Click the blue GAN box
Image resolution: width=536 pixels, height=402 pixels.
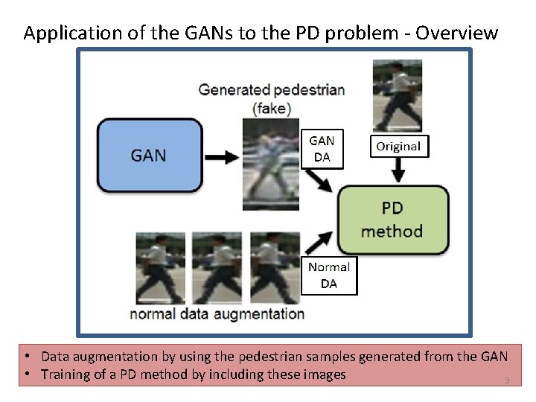[150, 156]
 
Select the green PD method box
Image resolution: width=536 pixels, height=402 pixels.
[392, 220]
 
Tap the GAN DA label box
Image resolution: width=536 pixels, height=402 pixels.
[322, 148]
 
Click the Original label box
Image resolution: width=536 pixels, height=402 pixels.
[398, 146]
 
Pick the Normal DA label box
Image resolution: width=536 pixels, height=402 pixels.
[328, 275]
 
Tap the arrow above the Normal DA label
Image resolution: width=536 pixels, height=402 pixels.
[319, 242]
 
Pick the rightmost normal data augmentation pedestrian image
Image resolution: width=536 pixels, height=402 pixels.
[274, 267]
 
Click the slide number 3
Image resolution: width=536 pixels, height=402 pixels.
[507, 381]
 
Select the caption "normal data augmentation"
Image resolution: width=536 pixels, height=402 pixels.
[217, 313]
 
